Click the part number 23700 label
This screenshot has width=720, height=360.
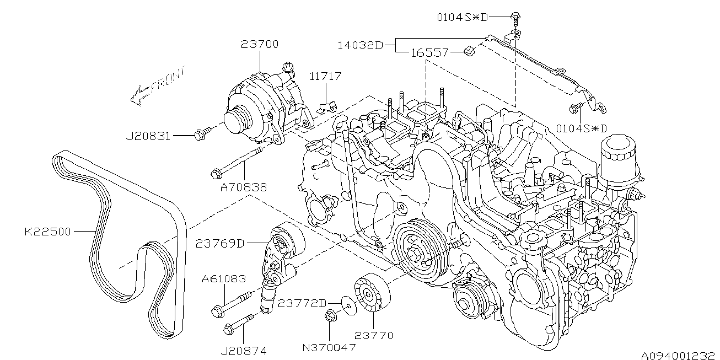click(x=260, y=44)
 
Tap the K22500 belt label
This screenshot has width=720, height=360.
click(x=47, y=232)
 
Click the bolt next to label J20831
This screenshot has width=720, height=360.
click(x=202, y=134)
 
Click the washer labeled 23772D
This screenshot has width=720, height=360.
click(x=348, y=305)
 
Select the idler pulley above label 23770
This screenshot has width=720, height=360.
click(x=372, y=292)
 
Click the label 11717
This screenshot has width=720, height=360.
click(x=325, y=77)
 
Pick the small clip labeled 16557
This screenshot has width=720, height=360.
click(x=469, y=51)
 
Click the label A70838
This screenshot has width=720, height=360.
click(x=244, y=187)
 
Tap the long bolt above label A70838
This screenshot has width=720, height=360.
click(x=237, y=163)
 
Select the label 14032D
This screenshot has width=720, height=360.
click(x=361, y=46)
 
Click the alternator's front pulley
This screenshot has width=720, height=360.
click(x=239, y=120)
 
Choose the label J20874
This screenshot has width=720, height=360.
click(x=244, y=351)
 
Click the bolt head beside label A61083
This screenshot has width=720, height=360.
click(x=218, y=311)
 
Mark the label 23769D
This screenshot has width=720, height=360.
click(x=220, y=244)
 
